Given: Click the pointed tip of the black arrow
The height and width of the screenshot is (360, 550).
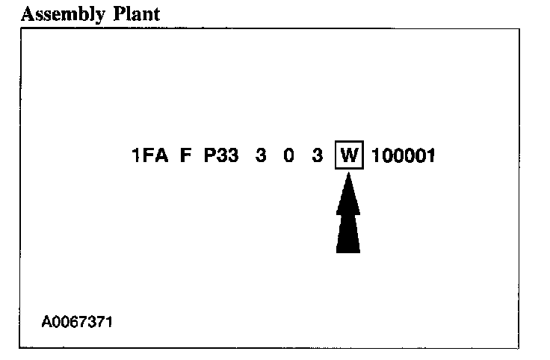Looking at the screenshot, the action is point(348,181).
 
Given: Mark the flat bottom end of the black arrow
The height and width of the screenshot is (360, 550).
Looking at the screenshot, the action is point(348,251).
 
